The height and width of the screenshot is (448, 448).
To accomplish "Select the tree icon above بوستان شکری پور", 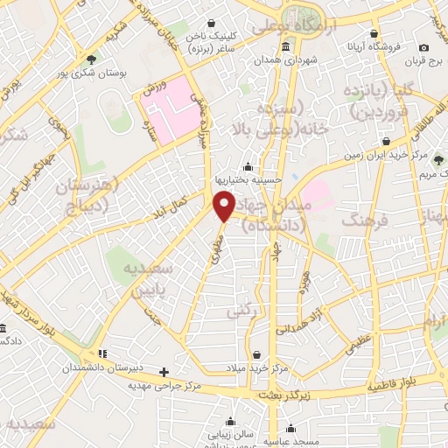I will click(91, 59).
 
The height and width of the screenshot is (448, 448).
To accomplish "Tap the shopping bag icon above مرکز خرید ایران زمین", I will click(386, 140).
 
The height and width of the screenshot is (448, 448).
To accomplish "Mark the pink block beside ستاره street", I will click(171, 112).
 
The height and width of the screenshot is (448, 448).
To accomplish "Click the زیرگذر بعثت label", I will click(276, 395).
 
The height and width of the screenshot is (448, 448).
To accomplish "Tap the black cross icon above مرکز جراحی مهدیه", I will click(163, 371).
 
